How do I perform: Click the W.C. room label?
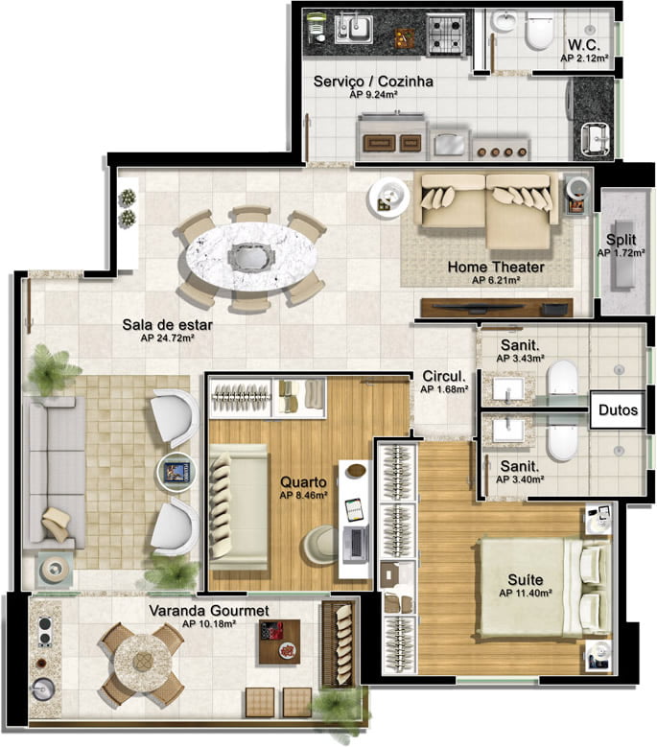[583, 45]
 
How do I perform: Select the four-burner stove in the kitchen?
[445, 34]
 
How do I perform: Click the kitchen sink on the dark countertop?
[354, 29]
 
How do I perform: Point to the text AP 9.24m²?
[373, 94]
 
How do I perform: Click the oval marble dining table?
[250, 256]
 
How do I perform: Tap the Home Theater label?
[496, 268]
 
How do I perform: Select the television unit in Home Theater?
[497, 307]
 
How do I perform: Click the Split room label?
[622, 239]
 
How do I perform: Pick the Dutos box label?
[618, 410]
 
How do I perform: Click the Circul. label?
[444, 376]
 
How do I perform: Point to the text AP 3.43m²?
[520, 358]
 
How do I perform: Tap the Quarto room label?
[303, 482]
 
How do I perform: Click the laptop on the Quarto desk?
[356, 542]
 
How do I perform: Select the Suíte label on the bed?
[525, 580]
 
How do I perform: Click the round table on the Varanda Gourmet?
[143, 661]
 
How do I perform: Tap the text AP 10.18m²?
[209, 623]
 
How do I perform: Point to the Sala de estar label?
[167, 325]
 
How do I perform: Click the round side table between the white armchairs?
[176, 472]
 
